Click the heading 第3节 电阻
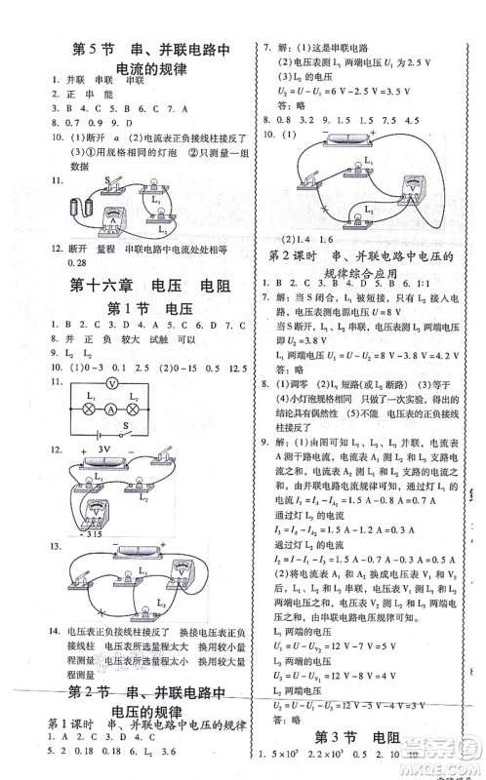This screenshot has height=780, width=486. click(360, 734)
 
